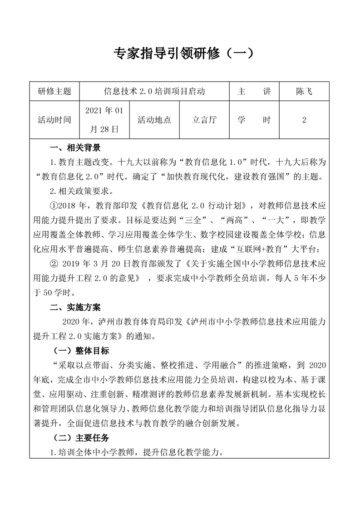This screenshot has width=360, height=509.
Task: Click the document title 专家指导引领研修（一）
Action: pos(180,55)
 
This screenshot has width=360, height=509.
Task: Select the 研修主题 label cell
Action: pos(54,92)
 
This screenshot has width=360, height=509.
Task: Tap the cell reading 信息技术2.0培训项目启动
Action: pos(155,92)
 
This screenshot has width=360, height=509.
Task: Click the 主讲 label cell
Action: pos(254,92)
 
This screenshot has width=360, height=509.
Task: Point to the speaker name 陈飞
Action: pos(304,92)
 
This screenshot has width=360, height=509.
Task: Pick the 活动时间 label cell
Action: pos(54,120)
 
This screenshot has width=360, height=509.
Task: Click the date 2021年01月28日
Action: pos(104,120)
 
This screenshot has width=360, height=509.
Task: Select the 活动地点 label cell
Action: pos(154,120)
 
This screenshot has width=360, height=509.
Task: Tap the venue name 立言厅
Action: pos(205,120)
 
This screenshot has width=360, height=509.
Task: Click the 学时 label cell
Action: pos(254,120)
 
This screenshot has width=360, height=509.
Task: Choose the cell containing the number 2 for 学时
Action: pos(304,120)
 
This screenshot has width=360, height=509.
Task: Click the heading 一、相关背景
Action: pos(75,148)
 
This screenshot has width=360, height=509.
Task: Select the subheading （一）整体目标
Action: pos(81,351)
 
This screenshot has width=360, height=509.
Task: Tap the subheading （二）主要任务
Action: pos(81,438)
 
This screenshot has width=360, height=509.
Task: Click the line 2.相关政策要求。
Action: pos(79,191)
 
